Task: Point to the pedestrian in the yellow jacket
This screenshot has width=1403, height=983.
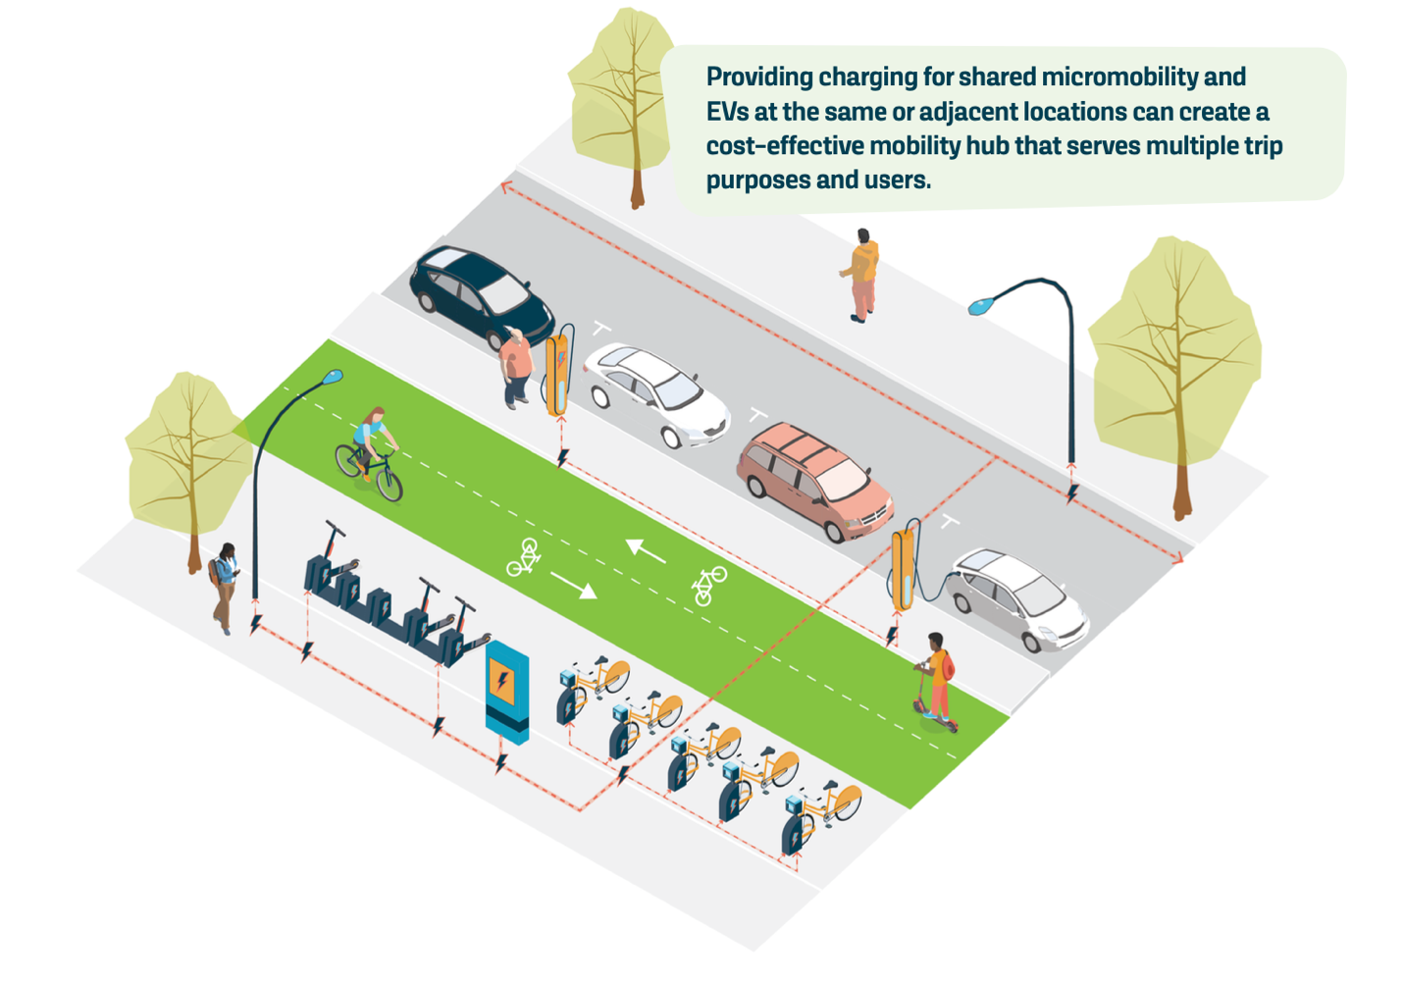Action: tap(861, 276)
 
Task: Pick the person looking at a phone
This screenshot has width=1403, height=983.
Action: tap(225, 587)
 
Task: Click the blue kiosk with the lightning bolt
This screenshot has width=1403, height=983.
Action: tap(507, 691)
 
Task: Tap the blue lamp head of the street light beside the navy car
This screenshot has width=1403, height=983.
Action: tap(980, 306)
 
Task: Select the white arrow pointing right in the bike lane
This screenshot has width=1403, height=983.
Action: tap(574, 586)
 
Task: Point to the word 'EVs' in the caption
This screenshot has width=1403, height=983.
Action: tap(727, 112)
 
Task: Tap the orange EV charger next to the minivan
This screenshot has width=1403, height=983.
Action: tap(904, 569)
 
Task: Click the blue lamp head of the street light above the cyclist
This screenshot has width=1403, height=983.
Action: tap(333, 377)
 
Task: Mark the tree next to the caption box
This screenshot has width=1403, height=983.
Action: tap(622, 99)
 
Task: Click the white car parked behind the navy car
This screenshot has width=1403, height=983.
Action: tap(655, 393)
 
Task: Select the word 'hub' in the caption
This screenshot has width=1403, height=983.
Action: tap(987, 146)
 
